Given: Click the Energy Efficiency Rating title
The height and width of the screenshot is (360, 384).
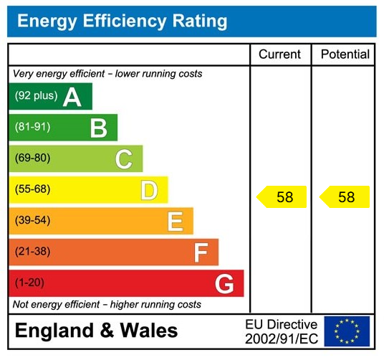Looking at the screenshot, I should click(x=122, y=21).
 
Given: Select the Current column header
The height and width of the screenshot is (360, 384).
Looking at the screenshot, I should click(x=279, y=55).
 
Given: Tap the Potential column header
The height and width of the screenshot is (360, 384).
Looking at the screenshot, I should click(x=345, y=55).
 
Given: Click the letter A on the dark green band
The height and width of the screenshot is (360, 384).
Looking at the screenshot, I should click(x=72, y=97).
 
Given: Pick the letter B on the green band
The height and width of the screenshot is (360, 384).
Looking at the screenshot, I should click(x=98, y=128).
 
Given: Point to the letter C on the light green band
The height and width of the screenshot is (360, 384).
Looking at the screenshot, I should click(x=124, y=159).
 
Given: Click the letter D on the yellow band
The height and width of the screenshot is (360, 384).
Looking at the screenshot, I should click(x=149, y=190).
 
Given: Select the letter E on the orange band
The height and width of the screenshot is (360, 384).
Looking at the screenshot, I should click(x=175, y=222).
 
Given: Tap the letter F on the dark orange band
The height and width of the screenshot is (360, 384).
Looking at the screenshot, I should click(x=201, y=252).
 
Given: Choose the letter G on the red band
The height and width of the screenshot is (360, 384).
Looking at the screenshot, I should click(x=224, y=284).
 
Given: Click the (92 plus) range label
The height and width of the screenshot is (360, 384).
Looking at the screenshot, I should click(x=36, y=96).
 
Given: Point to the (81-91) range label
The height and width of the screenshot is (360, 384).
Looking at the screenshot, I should click(x=32, y=128).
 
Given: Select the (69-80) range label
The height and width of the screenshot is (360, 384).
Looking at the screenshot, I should click(x=32, y=158).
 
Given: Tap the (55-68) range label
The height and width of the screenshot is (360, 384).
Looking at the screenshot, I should click(x=32, y=190).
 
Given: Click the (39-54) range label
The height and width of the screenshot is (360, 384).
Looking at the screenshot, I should click(x=32, y=221).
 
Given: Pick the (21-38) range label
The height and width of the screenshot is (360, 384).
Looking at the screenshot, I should click(x=32, y=252).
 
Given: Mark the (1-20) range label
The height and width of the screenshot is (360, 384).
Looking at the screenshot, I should click(x=29, y=283).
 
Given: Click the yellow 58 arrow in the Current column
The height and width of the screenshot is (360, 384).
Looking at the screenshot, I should click(x=282, y=197).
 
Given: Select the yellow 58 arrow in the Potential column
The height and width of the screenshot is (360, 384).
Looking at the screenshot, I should click(x=345, y=197).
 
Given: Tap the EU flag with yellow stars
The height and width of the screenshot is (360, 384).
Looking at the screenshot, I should click(x=347, y=331).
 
